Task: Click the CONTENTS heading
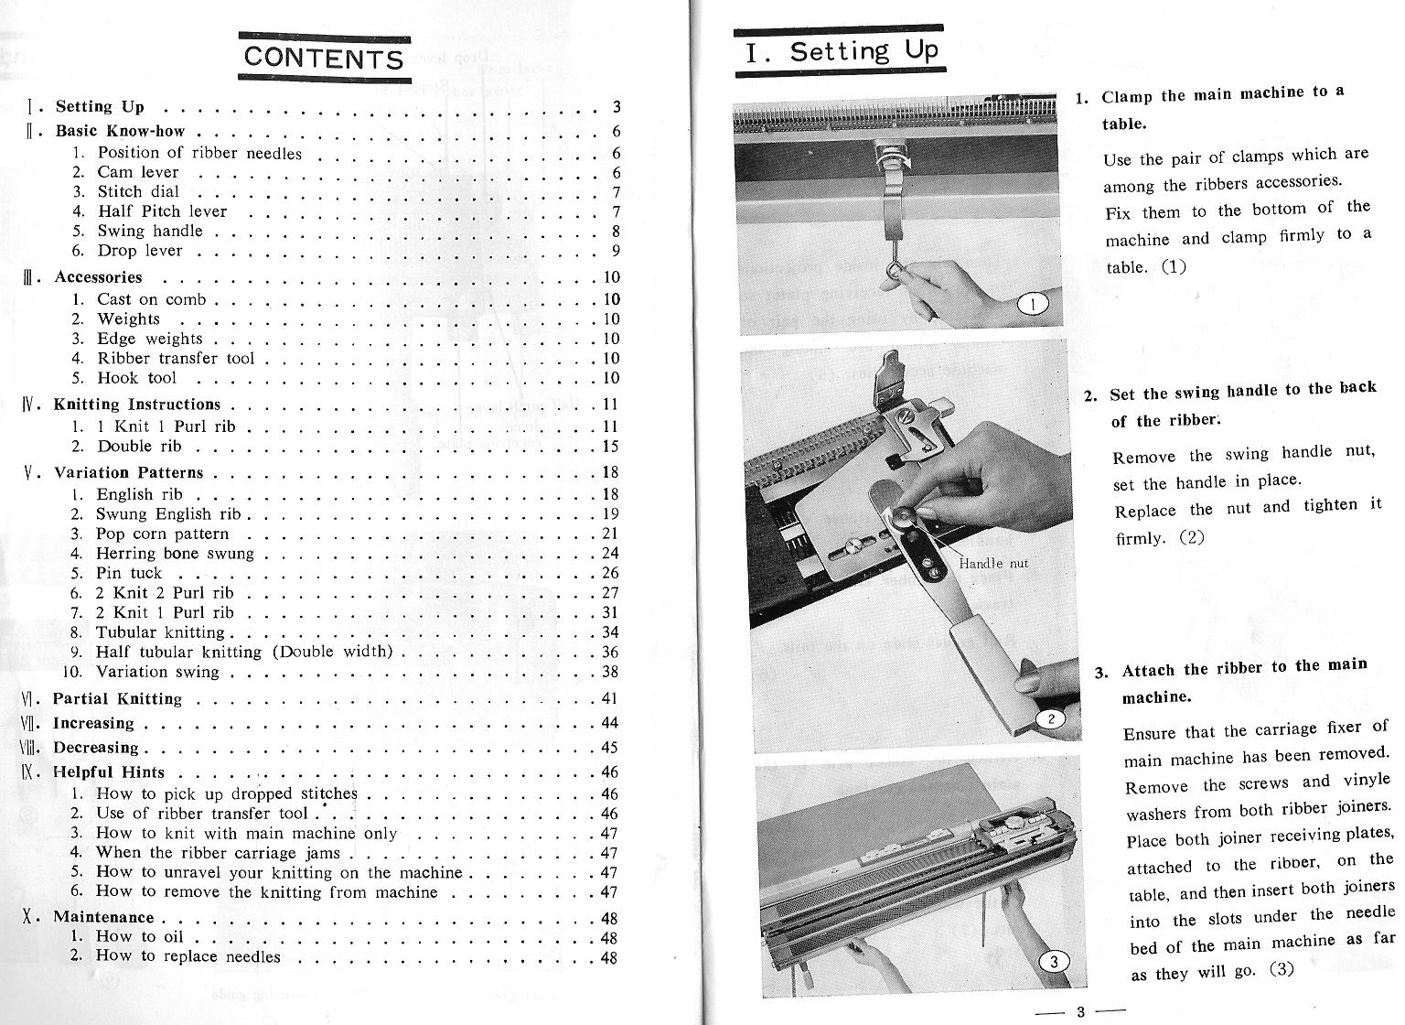(x=324, y=58)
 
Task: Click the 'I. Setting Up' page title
(x=840, y=51)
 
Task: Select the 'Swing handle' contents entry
(x=150, y=231)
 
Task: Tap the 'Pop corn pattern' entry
(x=162, y=534)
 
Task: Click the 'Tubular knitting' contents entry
(x=160, y=632)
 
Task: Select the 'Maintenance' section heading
(x=103, y=916)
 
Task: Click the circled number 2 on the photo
(x=1052, y=718)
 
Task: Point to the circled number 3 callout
(x=1054, y=961)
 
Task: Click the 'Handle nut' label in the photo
(x=993, y=564)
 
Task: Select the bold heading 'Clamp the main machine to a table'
(x=1222, y=109)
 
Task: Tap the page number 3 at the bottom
(x=1079, y=1011)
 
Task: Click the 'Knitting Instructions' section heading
(x=137, y=405)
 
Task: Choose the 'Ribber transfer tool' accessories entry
(x=176, y=358)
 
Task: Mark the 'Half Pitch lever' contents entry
(x=162, y=211)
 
